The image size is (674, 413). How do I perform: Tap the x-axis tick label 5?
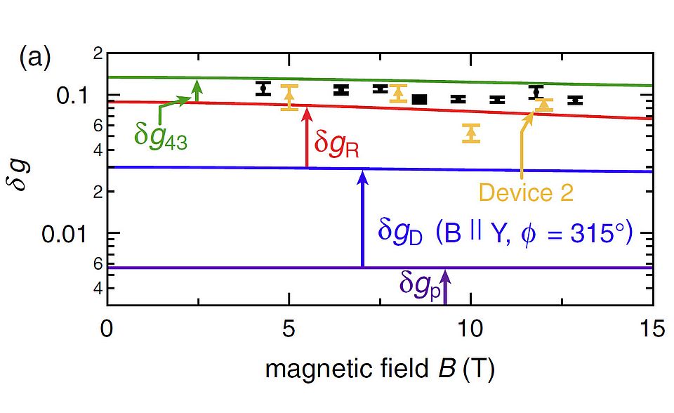coord(289,329)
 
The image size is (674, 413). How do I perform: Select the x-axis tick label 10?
coord(470,329)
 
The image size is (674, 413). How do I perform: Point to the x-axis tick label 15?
coord(652,329)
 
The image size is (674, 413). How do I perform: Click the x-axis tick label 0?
coord(107,329)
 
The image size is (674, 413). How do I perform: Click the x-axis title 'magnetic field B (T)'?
coord(379,368)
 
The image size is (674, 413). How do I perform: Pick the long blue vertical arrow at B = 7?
coord(362,218)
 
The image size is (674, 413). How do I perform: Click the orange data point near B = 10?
coord(470,133)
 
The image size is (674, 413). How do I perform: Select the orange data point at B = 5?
coord(289,97)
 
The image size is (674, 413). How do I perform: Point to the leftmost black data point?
coord(263,88)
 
